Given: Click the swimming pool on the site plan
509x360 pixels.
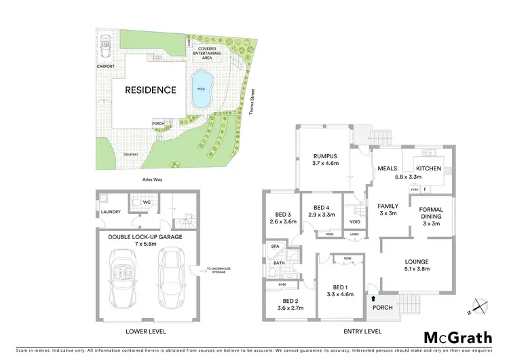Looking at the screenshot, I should pyautogui.click(x=200, y=90).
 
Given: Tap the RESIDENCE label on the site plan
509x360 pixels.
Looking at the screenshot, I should pyautogui.click(x=150, y=90).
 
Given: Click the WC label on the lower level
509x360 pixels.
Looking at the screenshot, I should pyautogui.click(x=147, y=202).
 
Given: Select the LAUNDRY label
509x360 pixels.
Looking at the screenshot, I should pyautogui.click(x=111, y=212).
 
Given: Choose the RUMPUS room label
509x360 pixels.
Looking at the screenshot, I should pyautogui.click(x=325, y=155).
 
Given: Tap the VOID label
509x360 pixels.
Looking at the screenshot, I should pyautogui.click(x=354, y=221).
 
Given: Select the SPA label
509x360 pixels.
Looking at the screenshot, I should pyautogui.click(x=276, y=247).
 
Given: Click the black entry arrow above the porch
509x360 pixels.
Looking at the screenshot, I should pyautogui.click(x=373, y=297).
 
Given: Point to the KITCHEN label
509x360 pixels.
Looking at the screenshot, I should pyautogui.click(x=428, y=168).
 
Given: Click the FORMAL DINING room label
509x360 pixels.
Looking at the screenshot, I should pyautogui.click(x=432, y=212).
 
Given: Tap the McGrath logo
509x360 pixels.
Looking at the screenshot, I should pyautogui.click(x=457, y=337).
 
